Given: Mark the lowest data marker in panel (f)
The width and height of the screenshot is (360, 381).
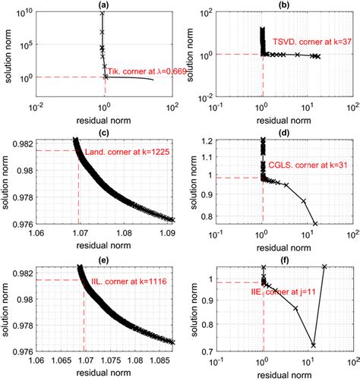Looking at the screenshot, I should click(x=313, y=345).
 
